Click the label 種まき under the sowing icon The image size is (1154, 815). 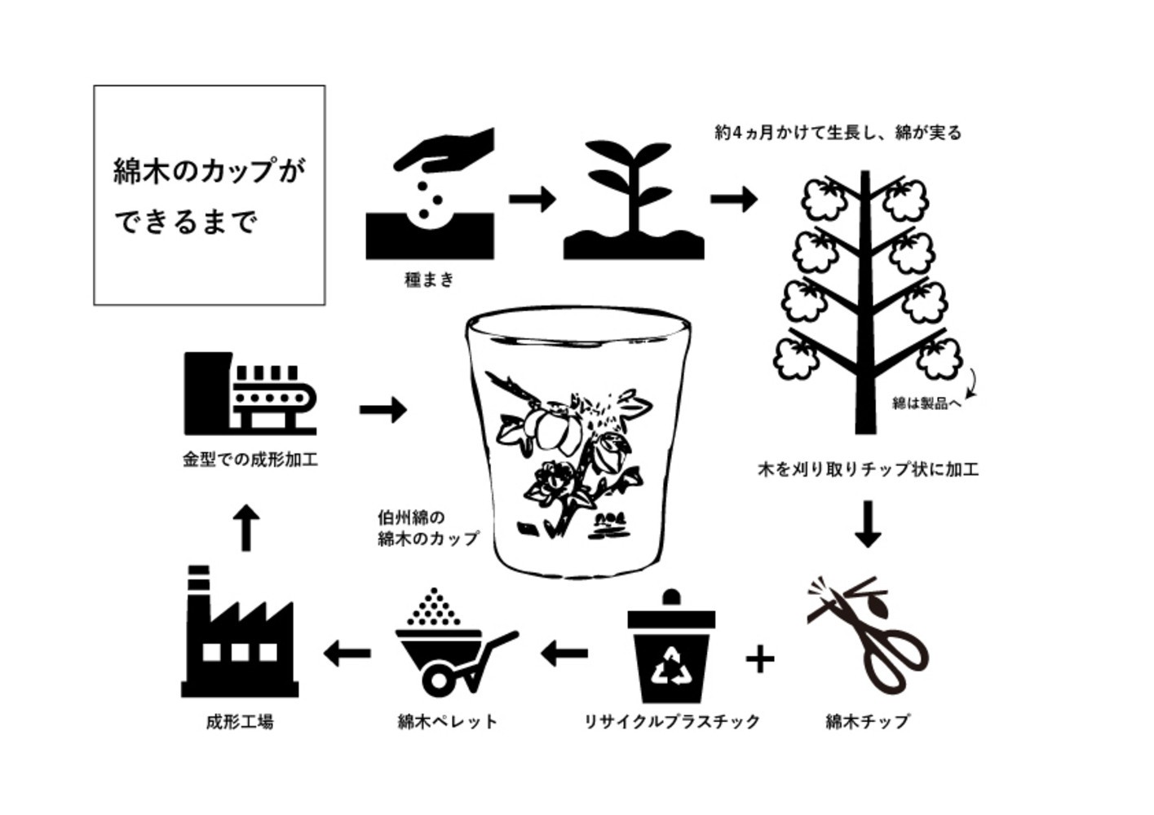pos(429,280)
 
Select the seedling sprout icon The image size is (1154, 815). pos(634,200)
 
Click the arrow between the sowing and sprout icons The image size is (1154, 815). pos(533,199)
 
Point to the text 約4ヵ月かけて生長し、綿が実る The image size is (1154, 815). pos(838,133)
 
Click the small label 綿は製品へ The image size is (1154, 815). pos(926,403)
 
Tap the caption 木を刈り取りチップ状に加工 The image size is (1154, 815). pos(868,469)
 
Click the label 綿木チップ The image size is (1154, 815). pos(868,721)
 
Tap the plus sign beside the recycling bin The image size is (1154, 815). pos(760,659)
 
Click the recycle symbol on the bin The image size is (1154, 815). pos(670,666)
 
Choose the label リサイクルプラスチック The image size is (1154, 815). pos(672,721)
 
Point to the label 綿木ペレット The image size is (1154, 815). pos(448,721)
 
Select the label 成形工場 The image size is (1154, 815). pos(240,722)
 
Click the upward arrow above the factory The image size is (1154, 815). pos(246,528)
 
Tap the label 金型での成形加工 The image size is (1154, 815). pos(250,459)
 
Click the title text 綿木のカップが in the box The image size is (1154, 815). pos(210,171)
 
